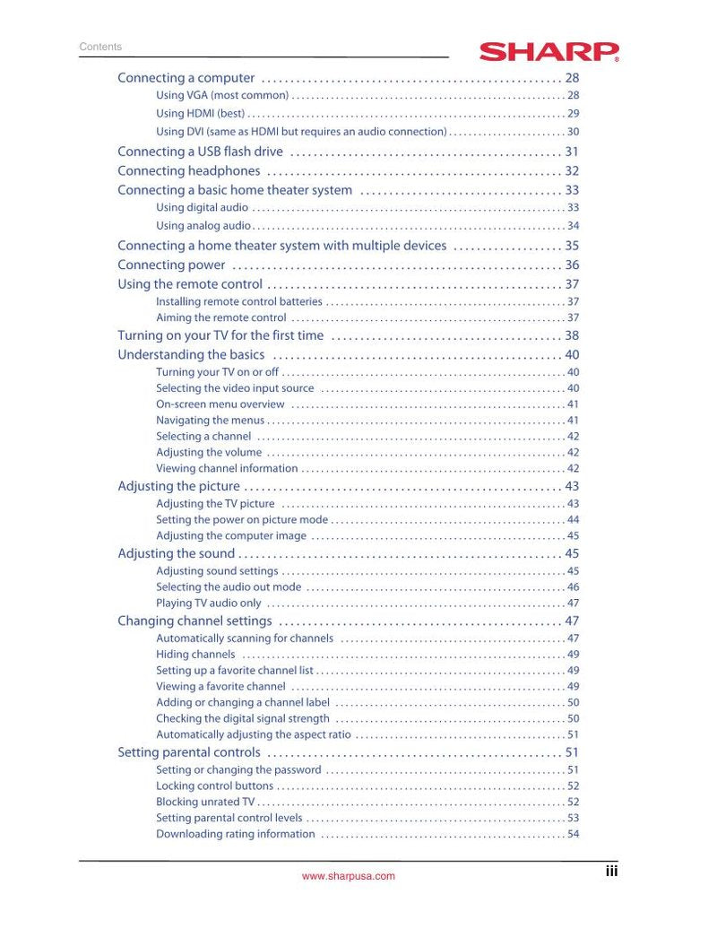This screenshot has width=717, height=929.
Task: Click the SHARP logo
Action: click(549, 51)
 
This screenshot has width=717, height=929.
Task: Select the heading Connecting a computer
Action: click(186, 78)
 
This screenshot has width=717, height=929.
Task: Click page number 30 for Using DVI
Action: click(573, 131)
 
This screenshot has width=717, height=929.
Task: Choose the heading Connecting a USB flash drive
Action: click(200, 152)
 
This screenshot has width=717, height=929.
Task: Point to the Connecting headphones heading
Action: click(189, 170)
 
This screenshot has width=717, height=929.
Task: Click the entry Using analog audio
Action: click(203, 226)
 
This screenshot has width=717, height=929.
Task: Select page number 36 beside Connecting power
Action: click(572, 265)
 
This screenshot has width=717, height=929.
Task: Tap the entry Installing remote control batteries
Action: click(238, 301)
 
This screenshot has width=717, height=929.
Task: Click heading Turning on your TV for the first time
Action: click(220, 335)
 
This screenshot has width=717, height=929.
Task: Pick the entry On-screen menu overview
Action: click(220, 404)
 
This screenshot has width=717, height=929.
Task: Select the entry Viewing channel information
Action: click(227, 468)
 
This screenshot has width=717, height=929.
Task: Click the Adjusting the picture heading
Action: click(179, 486)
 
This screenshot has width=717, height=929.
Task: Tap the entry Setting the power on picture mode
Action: click(242, 519)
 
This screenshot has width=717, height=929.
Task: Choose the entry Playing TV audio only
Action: click(209, 603)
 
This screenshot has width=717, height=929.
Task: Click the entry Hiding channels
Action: click(195, 655)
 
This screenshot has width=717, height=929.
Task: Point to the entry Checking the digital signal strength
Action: click(243, 718)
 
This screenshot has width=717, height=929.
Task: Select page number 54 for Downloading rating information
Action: click(573, 834)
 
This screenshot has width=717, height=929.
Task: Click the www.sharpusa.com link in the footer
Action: click(349, 876)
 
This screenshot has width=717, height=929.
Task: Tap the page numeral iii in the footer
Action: click(611, 870)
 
